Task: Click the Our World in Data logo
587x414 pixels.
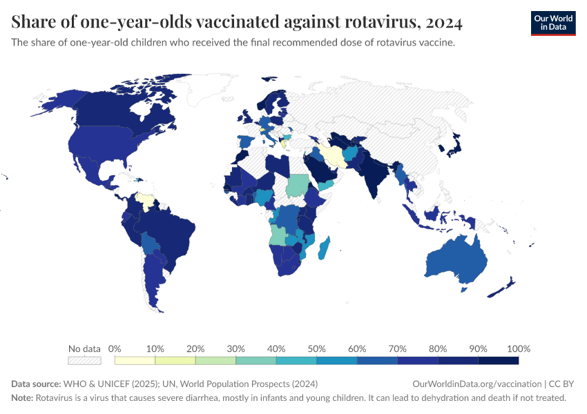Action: tap(552, 23)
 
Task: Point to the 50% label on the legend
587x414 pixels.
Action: tap(316, 348)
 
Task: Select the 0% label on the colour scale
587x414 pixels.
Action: tap(115, 348)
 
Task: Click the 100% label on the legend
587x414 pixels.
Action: tap(518, 348)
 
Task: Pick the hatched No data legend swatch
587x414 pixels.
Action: tap(84, 360)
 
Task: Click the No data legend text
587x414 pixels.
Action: tap(84, 348)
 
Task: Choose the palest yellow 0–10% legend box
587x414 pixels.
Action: tap(135, 360)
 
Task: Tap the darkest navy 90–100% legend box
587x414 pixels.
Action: tap(498, 360)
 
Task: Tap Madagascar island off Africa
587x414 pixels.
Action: tap(323, 248)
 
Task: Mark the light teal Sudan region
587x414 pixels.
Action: tap(297, 185)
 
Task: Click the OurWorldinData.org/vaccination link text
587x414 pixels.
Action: tap(476, 384)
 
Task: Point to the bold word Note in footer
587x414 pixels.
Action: tap(21, 398)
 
